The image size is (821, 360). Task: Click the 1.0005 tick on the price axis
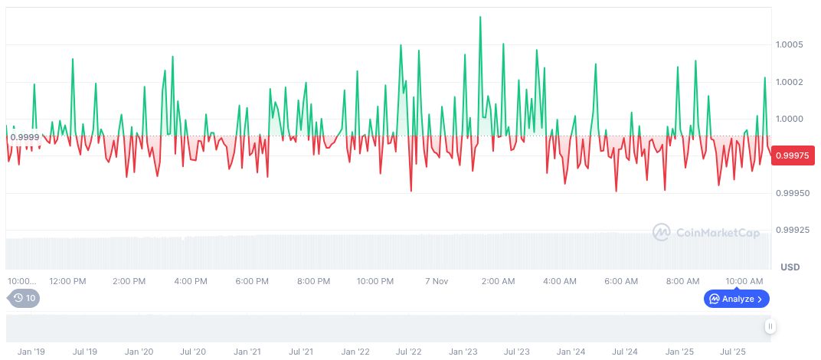coord(789,44)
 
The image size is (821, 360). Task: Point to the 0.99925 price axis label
coord(790,229)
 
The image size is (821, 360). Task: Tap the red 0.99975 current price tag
coord(792,155)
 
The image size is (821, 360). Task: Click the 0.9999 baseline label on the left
coord(25,136)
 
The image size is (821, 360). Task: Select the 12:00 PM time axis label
coord(67,281)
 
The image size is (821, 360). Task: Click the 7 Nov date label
coord(436,281)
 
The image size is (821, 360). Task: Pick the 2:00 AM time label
coord(498,281)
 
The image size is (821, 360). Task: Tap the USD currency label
coord(790,267)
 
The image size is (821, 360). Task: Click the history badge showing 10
coord(24,298)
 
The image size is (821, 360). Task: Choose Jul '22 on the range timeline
coord(409,352)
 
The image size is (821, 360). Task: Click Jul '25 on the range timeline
coord(733,352)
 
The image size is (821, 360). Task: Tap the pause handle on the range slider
coord(770,326)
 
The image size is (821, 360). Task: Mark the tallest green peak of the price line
coord(480,17)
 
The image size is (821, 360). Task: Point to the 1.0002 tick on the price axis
coord(789,82)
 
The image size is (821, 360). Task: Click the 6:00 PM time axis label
coord(252,281)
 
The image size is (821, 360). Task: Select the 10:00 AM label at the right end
coord(744,281)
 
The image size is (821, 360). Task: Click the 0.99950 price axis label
coord(790,193)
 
